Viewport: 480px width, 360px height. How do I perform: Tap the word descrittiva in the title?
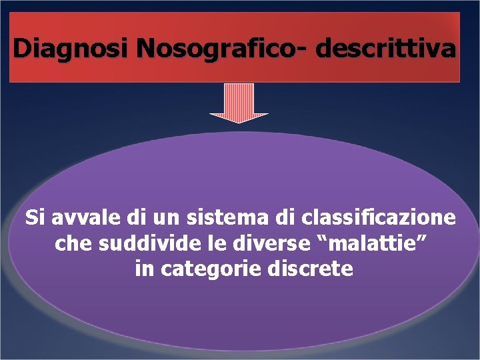(387, 48)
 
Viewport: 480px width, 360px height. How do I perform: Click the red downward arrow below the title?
(239, 104)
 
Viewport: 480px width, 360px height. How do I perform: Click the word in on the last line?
(143, 269)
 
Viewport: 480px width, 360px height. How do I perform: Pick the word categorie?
(213, 269)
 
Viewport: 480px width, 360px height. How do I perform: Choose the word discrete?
(314, 269)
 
